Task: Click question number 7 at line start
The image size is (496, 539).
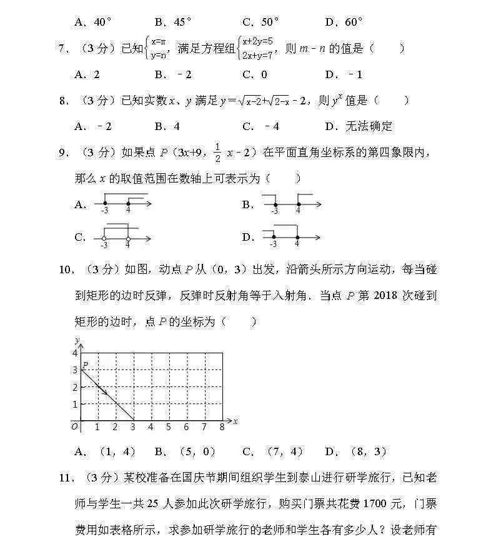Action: [62, 49]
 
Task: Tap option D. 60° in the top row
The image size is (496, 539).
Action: [344, 23]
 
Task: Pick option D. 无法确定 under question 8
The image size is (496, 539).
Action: [359, 126]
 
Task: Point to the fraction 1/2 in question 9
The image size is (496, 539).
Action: [218, 153]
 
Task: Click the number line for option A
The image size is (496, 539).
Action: [122, 204]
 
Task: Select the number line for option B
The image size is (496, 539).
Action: [290, 204]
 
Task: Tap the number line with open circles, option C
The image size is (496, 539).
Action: [122, 238]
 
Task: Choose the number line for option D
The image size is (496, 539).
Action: [290, 238]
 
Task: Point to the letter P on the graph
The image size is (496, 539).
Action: [86, 364]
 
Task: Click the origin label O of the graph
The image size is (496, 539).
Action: [74, 426]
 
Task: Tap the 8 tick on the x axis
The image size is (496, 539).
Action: [222, 427]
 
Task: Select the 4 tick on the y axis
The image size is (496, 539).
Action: [74, 353]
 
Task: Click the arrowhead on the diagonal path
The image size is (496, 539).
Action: [104, 393]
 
